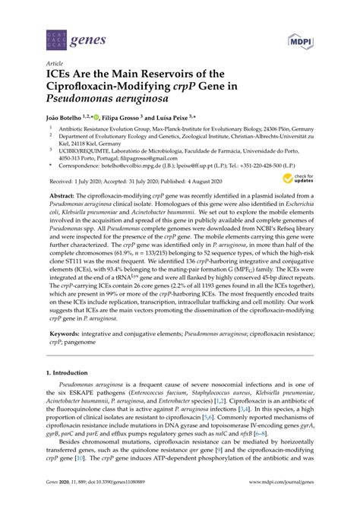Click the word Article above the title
click(55, 64)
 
